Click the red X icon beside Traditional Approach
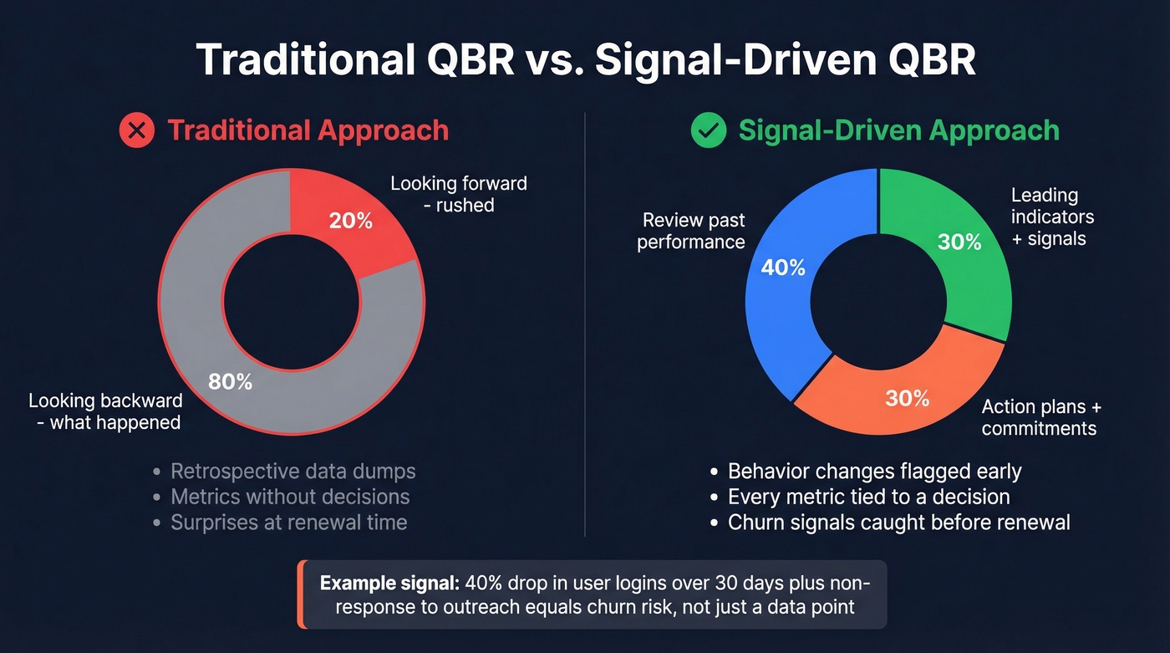[136, 130]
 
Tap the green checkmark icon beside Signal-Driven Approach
[709, 130]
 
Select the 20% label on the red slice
[351, 221]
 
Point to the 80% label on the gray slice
[230, 381]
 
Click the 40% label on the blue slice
[783, 268]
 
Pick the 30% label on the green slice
[959, 242]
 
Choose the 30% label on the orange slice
[907, 398]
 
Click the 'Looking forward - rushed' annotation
[459, 193]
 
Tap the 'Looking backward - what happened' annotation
[104, 411]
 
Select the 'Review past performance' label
[691, 231]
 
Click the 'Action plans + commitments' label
[1041, 417]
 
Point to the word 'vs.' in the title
[550, 61]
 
